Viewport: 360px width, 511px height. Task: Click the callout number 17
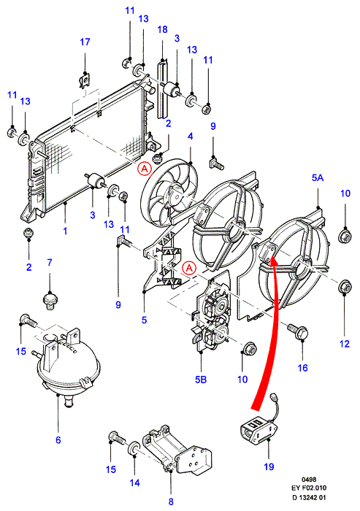click(85, 42)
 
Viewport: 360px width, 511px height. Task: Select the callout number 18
click(162, 30)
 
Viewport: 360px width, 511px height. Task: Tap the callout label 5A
click(318, 177)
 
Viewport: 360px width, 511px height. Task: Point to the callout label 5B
click(201, 380)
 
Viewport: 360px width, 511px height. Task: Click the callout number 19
click(269, 466)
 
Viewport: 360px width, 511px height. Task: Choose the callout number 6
click(58, 440)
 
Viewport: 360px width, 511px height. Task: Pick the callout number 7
click(50, 262)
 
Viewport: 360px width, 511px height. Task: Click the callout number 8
click(171, 502)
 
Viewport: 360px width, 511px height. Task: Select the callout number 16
click(302, 368)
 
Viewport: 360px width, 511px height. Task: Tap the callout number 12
click(345, 344)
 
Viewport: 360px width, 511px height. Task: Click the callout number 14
click(134, 483)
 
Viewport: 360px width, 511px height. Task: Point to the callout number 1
click(65, 231)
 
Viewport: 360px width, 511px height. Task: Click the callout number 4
click(191, 137)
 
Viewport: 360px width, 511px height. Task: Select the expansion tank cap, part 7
click(50, 301)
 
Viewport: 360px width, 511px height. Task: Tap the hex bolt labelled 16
click(298, 331)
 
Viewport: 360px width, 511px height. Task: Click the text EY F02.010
click(309, 488)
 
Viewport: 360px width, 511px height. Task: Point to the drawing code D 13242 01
click(309, 498)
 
